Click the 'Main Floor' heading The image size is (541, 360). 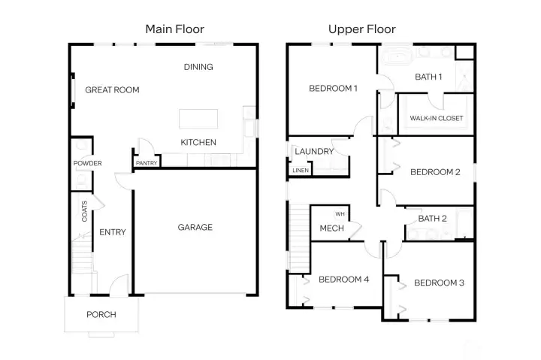tap(174, 29)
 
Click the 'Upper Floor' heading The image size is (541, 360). tap(361, 29)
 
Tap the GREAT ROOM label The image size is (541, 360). tap(112, 90)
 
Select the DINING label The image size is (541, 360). tap(198, 67)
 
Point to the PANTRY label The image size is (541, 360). tap(146, 162)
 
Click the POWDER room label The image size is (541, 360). tap(87, 163)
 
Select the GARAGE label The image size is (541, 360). tap(195, 227)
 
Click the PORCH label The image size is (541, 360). tap(101, 314)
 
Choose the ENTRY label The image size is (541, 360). tap(113, 232)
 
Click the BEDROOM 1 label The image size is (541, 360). tap(333, 89)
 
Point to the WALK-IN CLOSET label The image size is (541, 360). tap(437, 119)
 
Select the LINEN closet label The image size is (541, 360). tap(300, 171)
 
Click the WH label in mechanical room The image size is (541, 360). tap(340, 214)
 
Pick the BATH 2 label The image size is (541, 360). tap(433, 219)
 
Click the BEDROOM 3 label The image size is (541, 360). tap(439, 283)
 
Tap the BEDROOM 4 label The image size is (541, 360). tap(343, 280)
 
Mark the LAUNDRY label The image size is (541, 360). tap(314, 151)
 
